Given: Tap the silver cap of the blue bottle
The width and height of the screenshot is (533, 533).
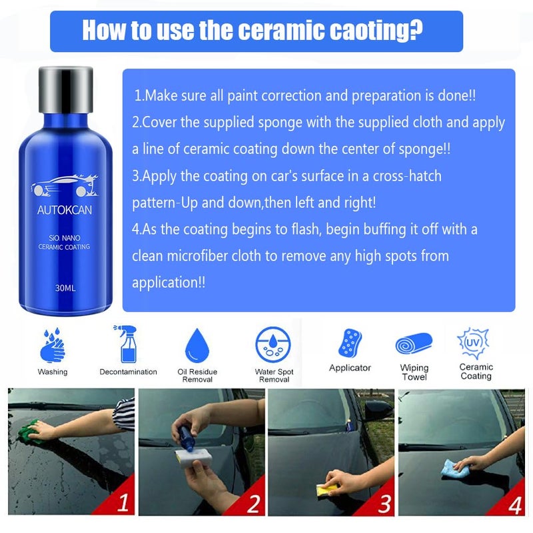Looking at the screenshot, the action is pos(65,90).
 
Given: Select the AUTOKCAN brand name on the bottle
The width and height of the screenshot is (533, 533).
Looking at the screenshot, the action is pos(65,210).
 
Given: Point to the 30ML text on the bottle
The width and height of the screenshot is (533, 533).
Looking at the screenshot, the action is pos(65,288).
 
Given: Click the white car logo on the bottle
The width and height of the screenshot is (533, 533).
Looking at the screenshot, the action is pos(65,186).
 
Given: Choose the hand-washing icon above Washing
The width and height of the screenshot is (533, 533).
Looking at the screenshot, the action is pos(53,345).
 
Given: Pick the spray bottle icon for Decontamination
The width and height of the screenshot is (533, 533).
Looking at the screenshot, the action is pos(127,344).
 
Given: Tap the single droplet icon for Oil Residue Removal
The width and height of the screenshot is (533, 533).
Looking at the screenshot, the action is pos(197,345).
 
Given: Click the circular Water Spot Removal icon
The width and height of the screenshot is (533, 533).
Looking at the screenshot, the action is pos(273,344).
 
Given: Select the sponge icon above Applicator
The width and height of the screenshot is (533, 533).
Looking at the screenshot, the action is pos(350,343).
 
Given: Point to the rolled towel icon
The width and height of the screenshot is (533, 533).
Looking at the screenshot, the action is pos(414,343).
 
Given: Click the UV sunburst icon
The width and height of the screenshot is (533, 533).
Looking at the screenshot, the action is pos(473,343).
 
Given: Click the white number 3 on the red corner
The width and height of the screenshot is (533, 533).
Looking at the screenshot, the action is pos(384,504).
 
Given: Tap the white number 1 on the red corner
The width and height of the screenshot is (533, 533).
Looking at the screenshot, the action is pos(123,502).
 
